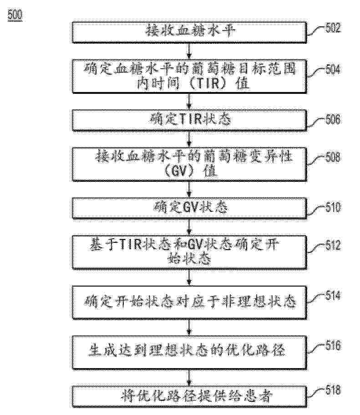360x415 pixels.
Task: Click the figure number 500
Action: coord(15,15)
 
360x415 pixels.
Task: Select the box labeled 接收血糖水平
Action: coord(189,32)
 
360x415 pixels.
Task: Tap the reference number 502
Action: coord(333,27)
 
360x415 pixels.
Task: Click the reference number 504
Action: coord(333,69)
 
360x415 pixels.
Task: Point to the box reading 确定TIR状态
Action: coord(189,120)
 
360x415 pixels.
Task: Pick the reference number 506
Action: coord(333,119)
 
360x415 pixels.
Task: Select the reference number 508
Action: coord(333,157)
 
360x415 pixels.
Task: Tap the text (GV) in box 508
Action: coord(182,171)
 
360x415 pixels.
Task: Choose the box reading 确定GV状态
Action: coord(189,208)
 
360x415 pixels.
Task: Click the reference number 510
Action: coord(333,207)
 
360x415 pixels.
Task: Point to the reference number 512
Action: coord(333,246)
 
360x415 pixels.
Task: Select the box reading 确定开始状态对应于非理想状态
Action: coord(189,302)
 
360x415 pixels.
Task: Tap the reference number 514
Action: coord(333,295)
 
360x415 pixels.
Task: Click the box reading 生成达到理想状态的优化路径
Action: coord(189,352)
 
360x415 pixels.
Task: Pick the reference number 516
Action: coord(333,345)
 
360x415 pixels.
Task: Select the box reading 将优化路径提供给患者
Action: coord(189,396)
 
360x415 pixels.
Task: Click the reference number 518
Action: coord(333,390)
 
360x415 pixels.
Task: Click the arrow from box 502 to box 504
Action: coord(189,51)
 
